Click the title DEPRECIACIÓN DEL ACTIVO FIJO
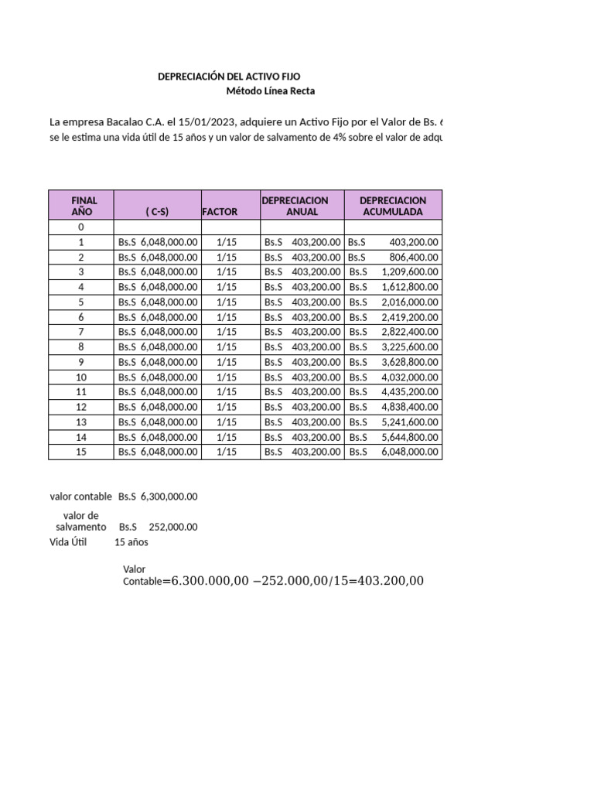click(x=229, y=77)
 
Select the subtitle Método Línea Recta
click(x=270, y=91)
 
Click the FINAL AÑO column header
click(x=81, y=206)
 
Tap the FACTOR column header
click(x=220, y=211)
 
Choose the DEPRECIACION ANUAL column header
click(x=295, y=206)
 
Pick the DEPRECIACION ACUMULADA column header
click(x=393, y=206)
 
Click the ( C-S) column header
click(x=157, y=211)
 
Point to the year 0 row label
click(x=81, y=227)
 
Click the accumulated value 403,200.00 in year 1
click(x=409, y=242)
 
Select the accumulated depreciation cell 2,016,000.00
click(x=410, y=302)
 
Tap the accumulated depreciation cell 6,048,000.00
click(x=410, y=452)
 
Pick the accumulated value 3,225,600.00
click(x=410, y=346)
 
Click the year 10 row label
click(x=81, y=377)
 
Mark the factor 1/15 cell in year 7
click(x=227, y=332)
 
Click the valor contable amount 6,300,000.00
click(x=169, y=497)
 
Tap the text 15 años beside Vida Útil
click(x=131, y=542)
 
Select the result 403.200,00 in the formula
click(x=387, y=581)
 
